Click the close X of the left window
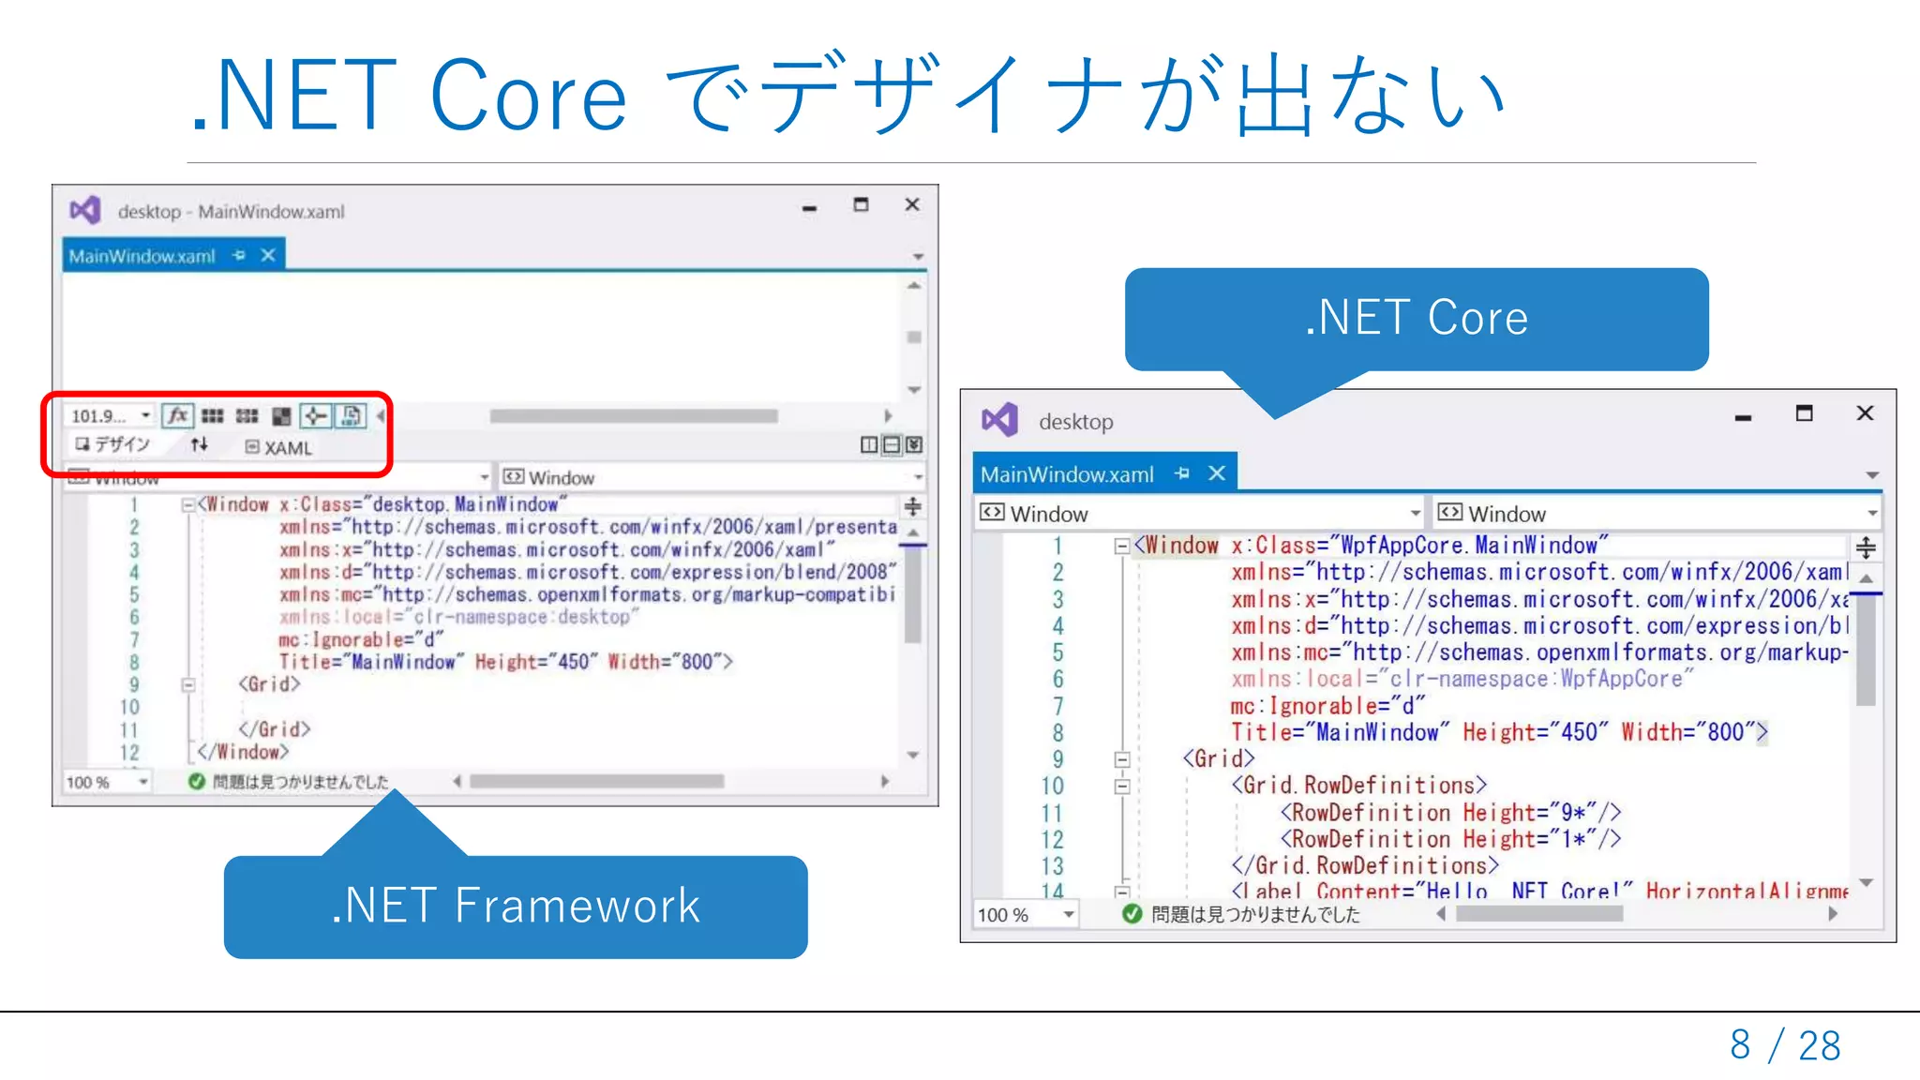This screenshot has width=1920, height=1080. click(x=912, y=204)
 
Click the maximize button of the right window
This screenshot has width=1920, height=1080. click(x=1804, y=413)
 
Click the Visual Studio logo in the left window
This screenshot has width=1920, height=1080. click(x=85, y=210)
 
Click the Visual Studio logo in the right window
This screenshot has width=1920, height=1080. click(x=999, y=420)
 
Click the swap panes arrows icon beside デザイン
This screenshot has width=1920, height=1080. click(x=199, y=444)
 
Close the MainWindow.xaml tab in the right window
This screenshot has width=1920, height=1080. click(x=1217, y=473)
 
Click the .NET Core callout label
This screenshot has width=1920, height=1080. click(x=1416, y=318)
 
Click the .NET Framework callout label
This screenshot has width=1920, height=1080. click(x=516, y=906)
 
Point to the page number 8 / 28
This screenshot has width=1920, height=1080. click(x=1785, y=1044)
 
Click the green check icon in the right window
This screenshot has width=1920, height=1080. click(x=1132, y=914)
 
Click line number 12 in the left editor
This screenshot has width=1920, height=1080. click(x=129, y=752)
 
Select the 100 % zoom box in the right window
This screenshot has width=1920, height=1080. click(x=1025, y=914)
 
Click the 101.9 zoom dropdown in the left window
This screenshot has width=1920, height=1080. click(x=109, y=415)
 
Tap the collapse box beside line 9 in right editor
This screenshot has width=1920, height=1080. click(x=1122, y=759)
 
